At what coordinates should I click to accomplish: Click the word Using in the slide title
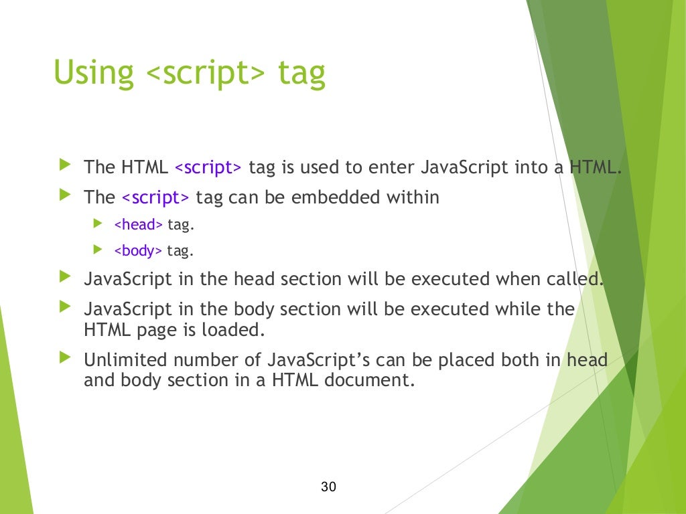(x=93, y=73)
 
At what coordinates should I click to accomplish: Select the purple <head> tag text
(x=139, y=225)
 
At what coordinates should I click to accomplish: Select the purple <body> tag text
(x=139, y=251)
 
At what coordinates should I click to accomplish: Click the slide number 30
(x=328, y=487)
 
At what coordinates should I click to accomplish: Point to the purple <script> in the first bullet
(x=208, y=167)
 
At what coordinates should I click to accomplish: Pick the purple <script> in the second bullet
(x=155, y=197)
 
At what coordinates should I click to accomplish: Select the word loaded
(x=234, y=330)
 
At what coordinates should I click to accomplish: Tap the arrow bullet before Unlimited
(x=64, y=358)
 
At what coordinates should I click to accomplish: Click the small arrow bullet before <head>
(x=98, y=224)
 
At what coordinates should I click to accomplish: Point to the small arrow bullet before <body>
(x=98, y=250)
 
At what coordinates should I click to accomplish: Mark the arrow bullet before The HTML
(x=64, y=164)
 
